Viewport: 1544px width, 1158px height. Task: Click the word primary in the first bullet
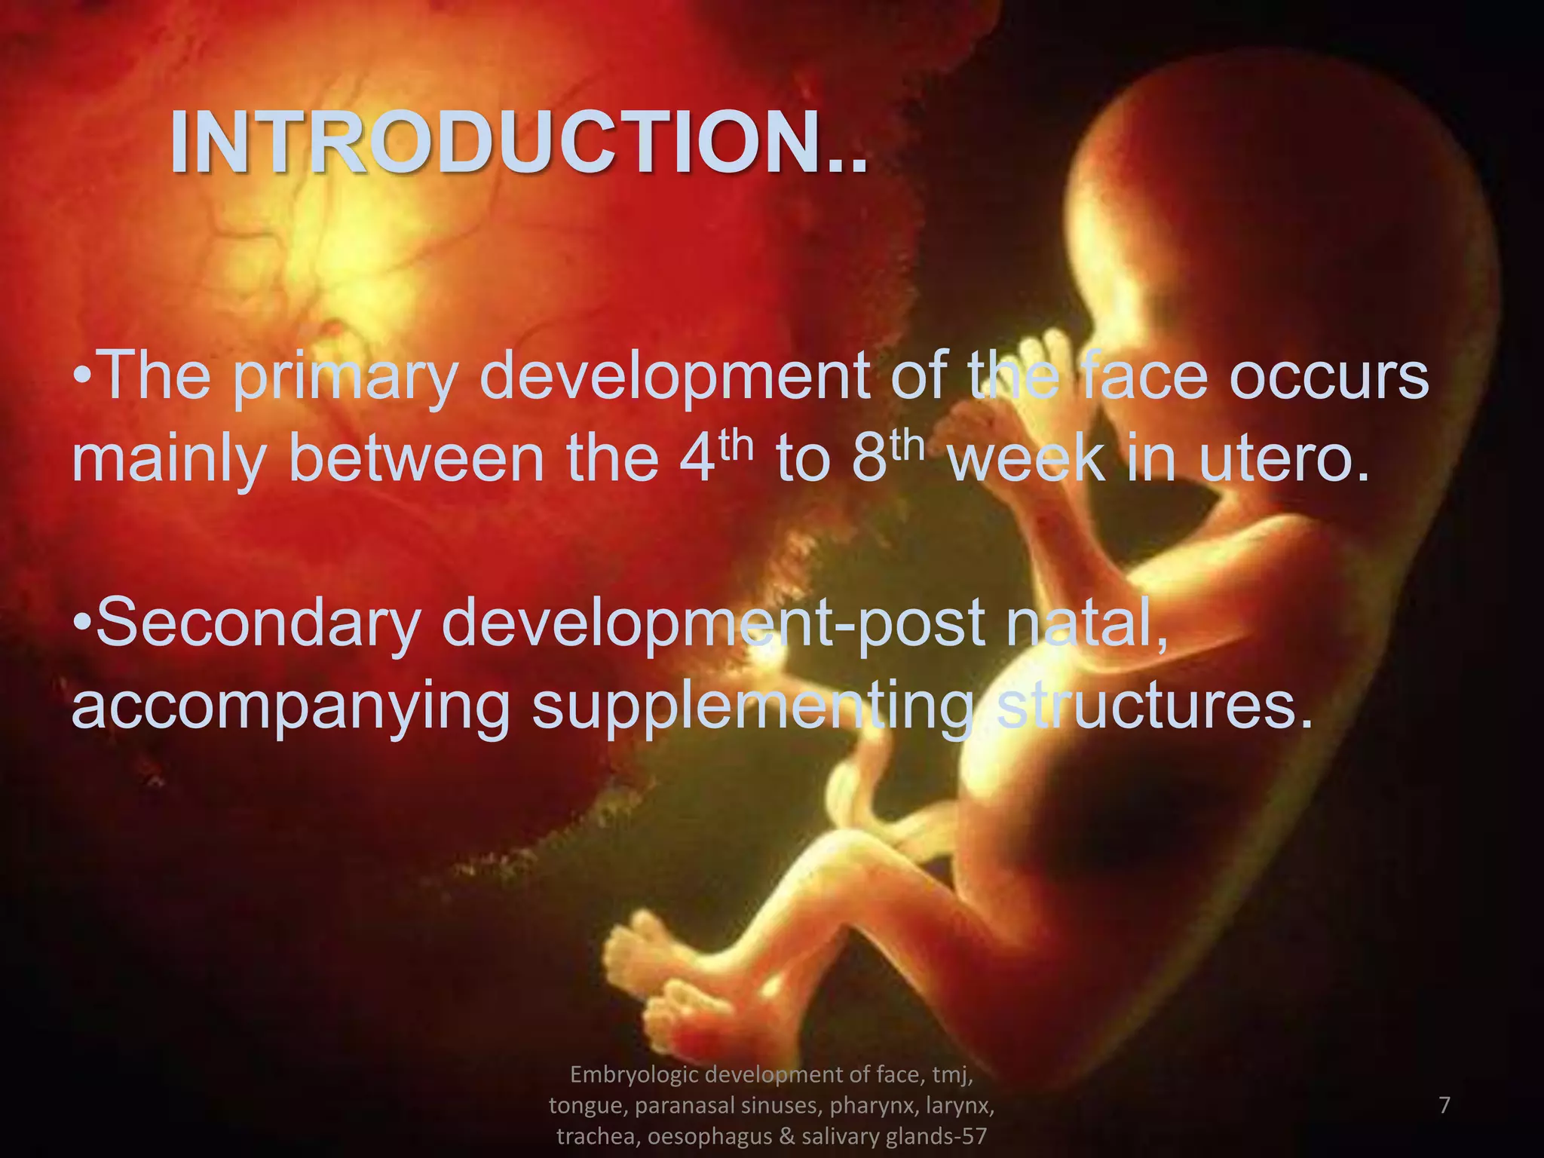tap(345, 377)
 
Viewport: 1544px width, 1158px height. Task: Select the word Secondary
tap(258, 623)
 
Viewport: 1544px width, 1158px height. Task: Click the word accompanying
tap(290, 707)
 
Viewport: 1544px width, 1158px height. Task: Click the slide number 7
tap(1444, 1105)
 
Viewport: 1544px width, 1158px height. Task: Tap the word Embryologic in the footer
tap(639, 1074)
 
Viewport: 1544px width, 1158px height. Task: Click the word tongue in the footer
tap(587, 1105)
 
